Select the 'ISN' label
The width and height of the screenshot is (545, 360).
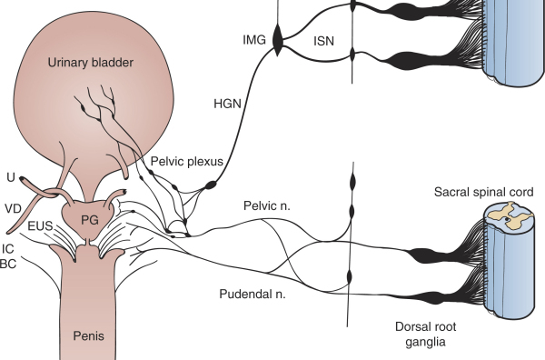[x=324, y=40]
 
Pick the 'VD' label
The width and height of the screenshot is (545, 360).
[x=14, y=207]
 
